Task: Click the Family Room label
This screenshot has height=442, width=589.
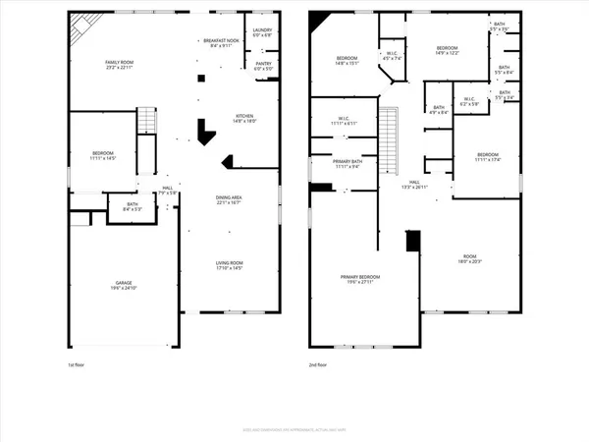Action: click(119, 65)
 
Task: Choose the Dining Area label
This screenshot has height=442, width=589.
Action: click(230, 201)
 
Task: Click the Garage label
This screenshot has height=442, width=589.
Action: click(123, 285)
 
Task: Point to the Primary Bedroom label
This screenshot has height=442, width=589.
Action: click(360, 280)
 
